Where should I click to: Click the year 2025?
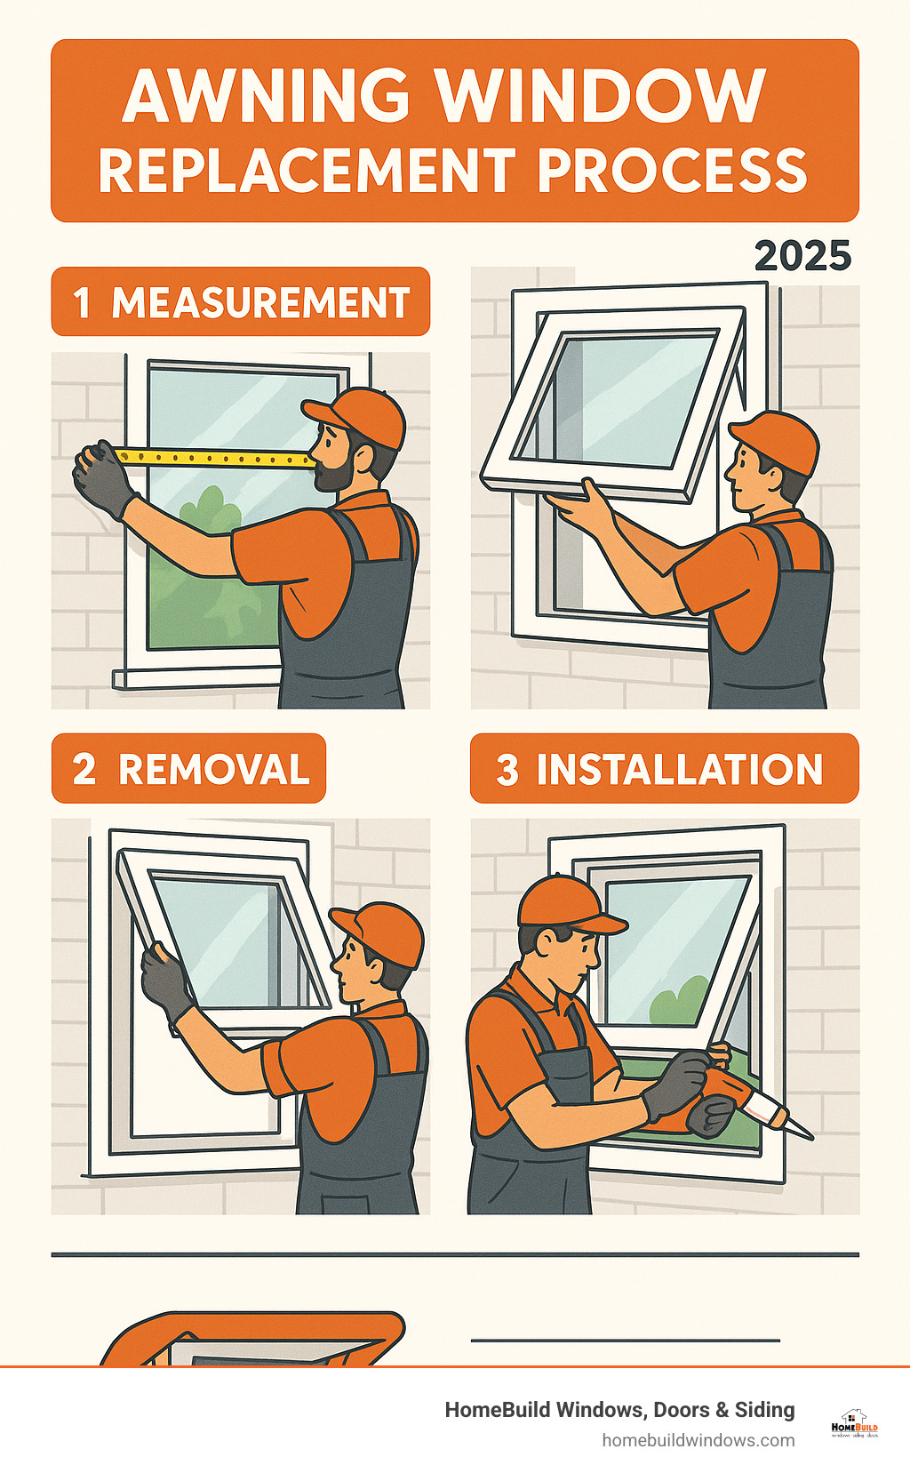coord(802,256)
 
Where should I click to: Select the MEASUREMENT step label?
coord(259,302)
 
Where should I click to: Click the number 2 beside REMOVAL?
coord(84,769)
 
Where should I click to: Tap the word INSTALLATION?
coord(679,769)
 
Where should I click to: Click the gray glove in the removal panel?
coord(165,981)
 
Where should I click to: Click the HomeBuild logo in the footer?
coord(854,1423)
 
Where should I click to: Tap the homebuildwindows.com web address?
coord(698,1440)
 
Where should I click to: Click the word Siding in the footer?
coord(764,1410)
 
